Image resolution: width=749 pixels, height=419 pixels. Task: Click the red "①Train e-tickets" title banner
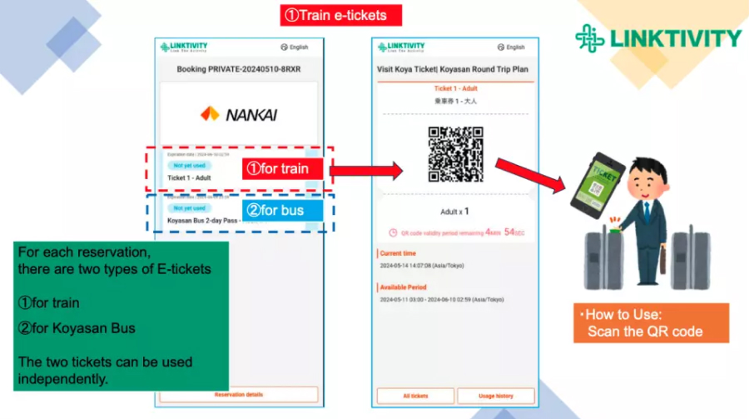tap(340, 14)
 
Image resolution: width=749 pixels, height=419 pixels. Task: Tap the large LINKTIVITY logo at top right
tap(657, 37)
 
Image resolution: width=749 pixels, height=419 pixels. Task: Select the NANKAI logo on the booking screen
tap(238, 114)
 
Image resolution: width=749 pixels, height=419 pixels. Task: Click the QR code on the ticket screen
tap(455, 154)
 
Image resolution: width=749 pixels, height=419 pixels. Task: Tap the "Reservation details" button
tap(239, 395)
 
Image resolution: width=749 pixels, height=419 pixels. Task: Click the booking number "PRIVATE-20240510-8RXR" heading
tap(238, 70)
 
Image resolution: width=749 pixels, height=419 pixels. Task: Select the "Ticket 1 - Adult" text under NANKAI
tap(189, 177)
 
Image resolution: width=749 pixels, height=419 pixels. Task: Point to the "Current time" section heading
tap(398, 253)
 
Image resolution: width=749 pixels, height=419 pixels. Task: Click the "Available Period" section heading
tap(404, 287)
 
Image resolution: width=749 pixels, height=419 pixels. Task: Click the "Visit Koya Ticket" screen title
tap(453, 70)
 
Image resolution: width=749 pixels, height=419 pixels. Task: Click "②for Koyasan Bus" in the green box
tap(77, 327)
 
